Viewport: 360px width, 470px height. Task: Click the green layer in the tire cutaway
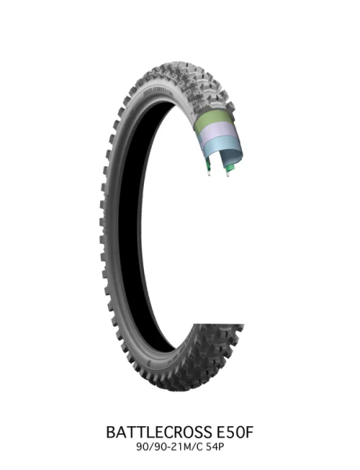click(216, 122)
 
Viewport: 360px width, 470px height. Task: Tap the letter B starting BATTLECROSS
click(109, 432)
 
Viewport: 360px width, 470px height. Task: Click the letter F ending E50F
click(252, 432)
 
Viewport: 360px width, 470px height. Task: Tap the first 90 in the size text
click(143, 446)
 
